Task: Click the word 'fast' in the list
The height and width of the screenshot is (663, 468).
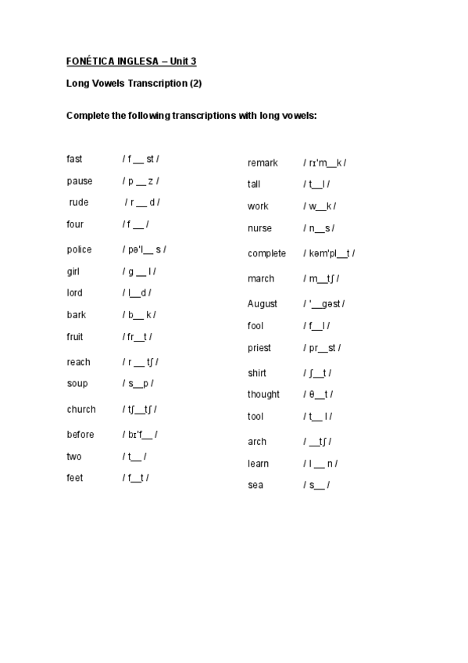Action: (x=74, y=159)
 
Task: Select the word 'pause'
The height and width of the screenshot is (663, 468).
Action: (x=79, y=181)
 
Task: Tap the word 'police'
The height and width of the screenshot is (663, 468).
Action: (x=79, y=249)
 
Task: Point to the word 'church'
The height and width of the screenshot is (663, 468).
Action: (x=81, y=409)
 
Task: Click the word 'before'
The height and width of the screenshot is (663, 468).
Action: (x=80, y=435)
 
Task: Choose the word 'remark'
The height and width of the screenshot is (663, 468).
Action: (x=263, y=163)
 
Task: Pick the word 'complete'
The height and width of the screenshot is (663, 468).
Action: (x=266, y=253)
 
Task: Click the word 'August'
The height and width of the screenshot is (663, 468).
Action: (x=263, y=303)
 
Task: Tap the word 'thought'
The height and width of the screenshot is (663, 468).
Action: (x=263, y=394)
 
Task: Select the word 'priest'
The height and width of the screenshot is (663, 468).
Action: (x=259, y=348)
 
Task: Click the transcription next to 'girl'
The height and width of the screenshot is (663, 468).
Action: (x=139, y=271)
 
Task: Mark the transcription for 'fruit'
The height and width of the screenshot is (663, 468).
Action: (x=138, y=337)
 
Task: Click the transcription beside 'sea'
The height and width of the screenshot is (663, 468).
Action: (x=316, y=485)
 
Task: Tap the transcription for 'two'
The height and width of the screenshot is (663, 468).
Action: (x=134, y=457)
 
